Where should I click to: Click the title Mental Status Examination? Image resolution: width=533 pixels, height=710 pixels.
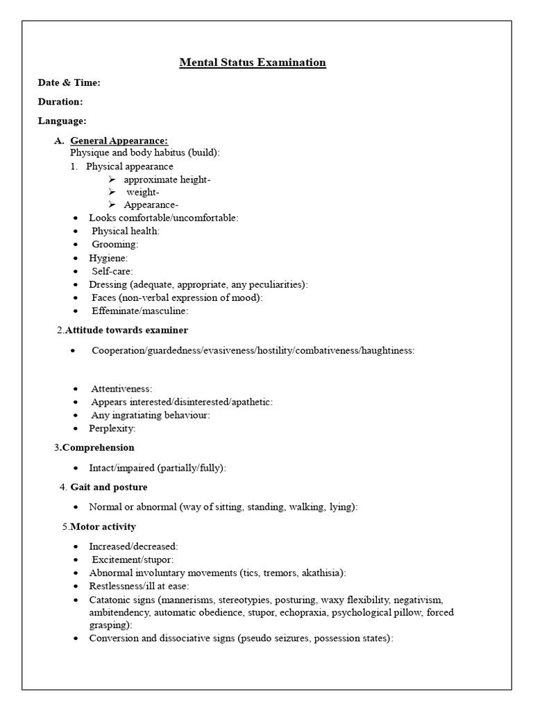[x=253, y=62]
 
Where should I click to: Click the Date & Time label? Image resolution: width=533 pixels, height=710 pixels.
[x=69, y=83]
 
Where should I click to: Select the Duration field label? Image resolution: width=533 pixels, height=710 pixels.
[x=60, y=101]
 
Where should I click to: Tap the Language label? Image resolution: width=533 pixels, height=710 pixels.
[x=62, y=121]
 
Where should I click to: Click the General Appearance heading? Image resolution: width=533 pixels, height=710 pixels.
[x=119, y=141]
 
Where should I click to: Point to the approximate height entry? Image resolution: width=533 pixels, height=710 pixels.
[x=167, y=180]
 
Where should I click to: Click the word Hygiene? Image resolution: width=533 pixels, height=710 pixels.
[x=108, y=257]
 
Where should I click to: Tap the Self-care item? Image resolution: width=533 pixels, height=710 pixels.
[x=112, y=270]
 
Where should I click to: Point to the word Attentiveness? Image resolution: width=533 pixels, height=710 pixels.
[x=121, y=389]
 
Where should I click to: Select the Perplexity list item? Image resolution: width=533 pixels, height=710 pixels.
[x=112, y=428]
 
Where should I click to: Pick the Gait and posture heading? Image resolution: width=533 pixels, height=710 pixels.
[x=109, y=487]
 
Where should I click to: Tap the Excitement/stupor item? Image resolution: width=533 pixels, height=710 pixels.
[x=133, y=560]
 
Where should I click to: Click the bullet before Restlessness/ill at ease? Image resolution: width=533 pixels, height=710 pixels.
[x=76, y=586]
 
